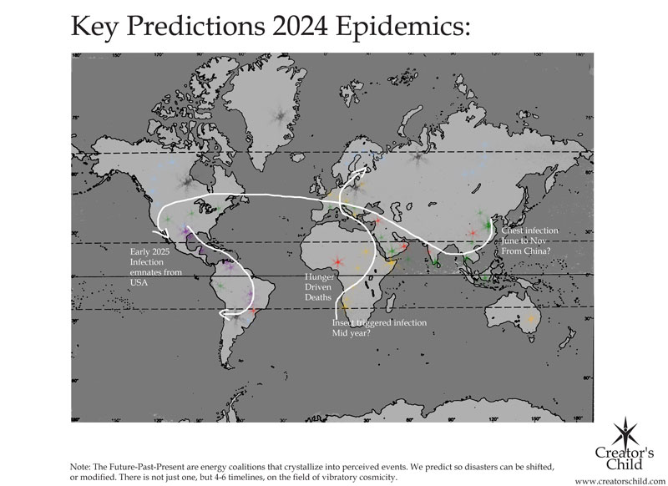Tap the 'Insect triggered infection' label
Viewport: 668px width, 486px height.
click(380, 322)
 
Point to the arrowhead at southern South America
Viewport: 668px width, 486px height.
click(224, 314)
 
